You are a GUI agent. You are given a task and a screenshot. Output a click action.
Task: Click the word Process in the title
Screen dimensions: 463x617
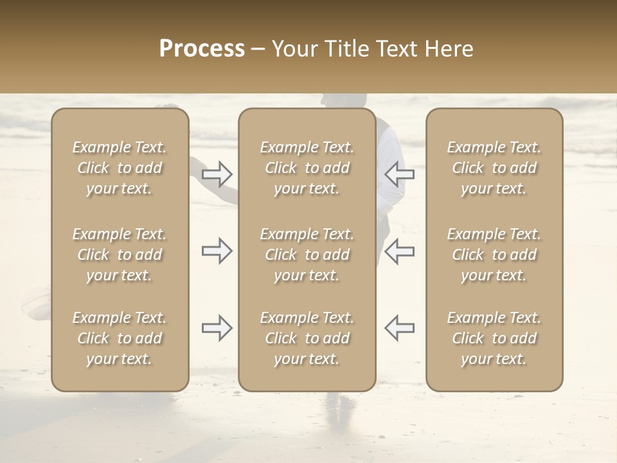pyautogui.click(x=202, y=49)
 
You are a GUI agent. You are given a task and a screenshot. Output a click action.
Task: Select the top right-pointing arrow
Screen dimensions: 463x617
pyautogui.click(x=217, y=174)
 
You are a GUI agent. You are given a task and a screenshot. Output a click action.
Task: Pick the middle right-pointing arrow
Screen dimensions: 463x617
pyautogui.click(x=217, y=251)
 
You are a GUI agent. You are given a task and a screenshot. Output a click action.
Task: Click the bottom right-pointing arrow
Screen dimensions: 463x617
pyautogui.click(x=217, y=328)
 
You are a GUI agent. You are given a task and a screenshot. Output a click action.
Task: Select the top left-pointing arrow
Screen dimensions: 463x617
pyautogui.click(x=399, y=174)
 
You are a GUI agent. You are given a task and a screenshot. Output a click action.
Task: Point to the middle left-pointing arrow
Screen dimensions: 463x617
pyautogui.click(x=399, y=251)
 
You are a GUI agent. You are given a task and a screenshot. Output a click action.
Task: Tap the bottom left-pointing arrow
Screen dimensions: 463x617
pyautogui.click(x=399, y=328)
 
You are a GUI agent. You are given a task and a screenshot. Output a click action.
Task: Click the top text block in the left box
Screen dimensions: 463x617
pyautogui.click(x=120, y=168)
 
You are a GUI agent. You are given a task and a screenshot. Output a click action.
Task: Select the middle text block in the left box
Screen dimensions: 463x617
pyautogui.click(x=120, y=255)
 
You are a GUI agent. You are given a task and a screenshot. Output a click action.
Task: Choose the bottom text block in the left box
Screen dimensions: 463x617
pyautogui.click(x=120, y=338)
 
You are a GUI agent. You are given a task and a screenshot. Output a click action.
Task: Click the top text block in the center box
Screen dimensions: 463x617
pyautogui.click(x=307, y=168)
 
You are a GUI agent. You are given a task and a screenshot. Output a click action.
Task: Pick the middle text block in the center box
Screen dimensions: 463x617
pyautogui.click(x=307, y=255)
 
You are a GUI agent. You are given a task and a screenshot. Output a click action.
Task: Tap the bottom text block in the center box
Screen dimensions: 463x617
pyautogui.click(x=307, y=338)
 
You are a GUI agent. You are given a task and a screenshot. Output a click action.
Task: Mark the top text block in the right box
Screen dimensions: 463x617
pyautogui.click(x=494, y=168)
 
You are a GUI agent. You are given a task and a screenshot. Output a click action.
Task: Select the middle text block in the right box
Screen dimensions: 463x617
pyautogui.click(x=494, y=255)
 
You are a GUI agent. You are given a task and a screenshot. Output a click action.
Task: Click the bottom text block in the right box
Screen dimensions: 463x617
pyautogui.click(x=494, y=338)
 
